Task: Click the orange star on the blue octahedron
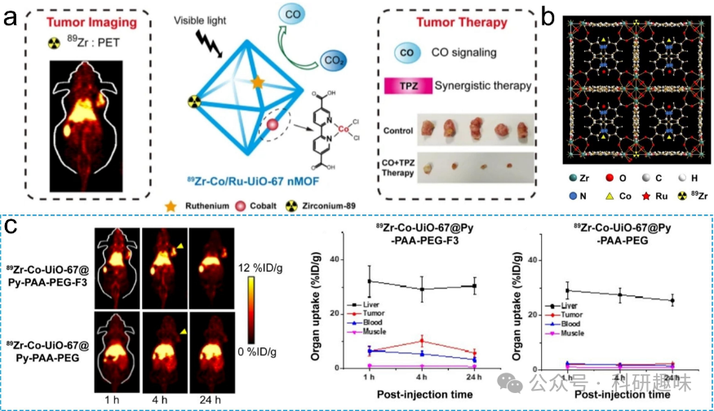[x=257, y=83]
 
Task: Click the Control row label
[x=401, y=130]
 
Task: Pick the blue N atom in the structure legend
[x=573, y=196]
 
